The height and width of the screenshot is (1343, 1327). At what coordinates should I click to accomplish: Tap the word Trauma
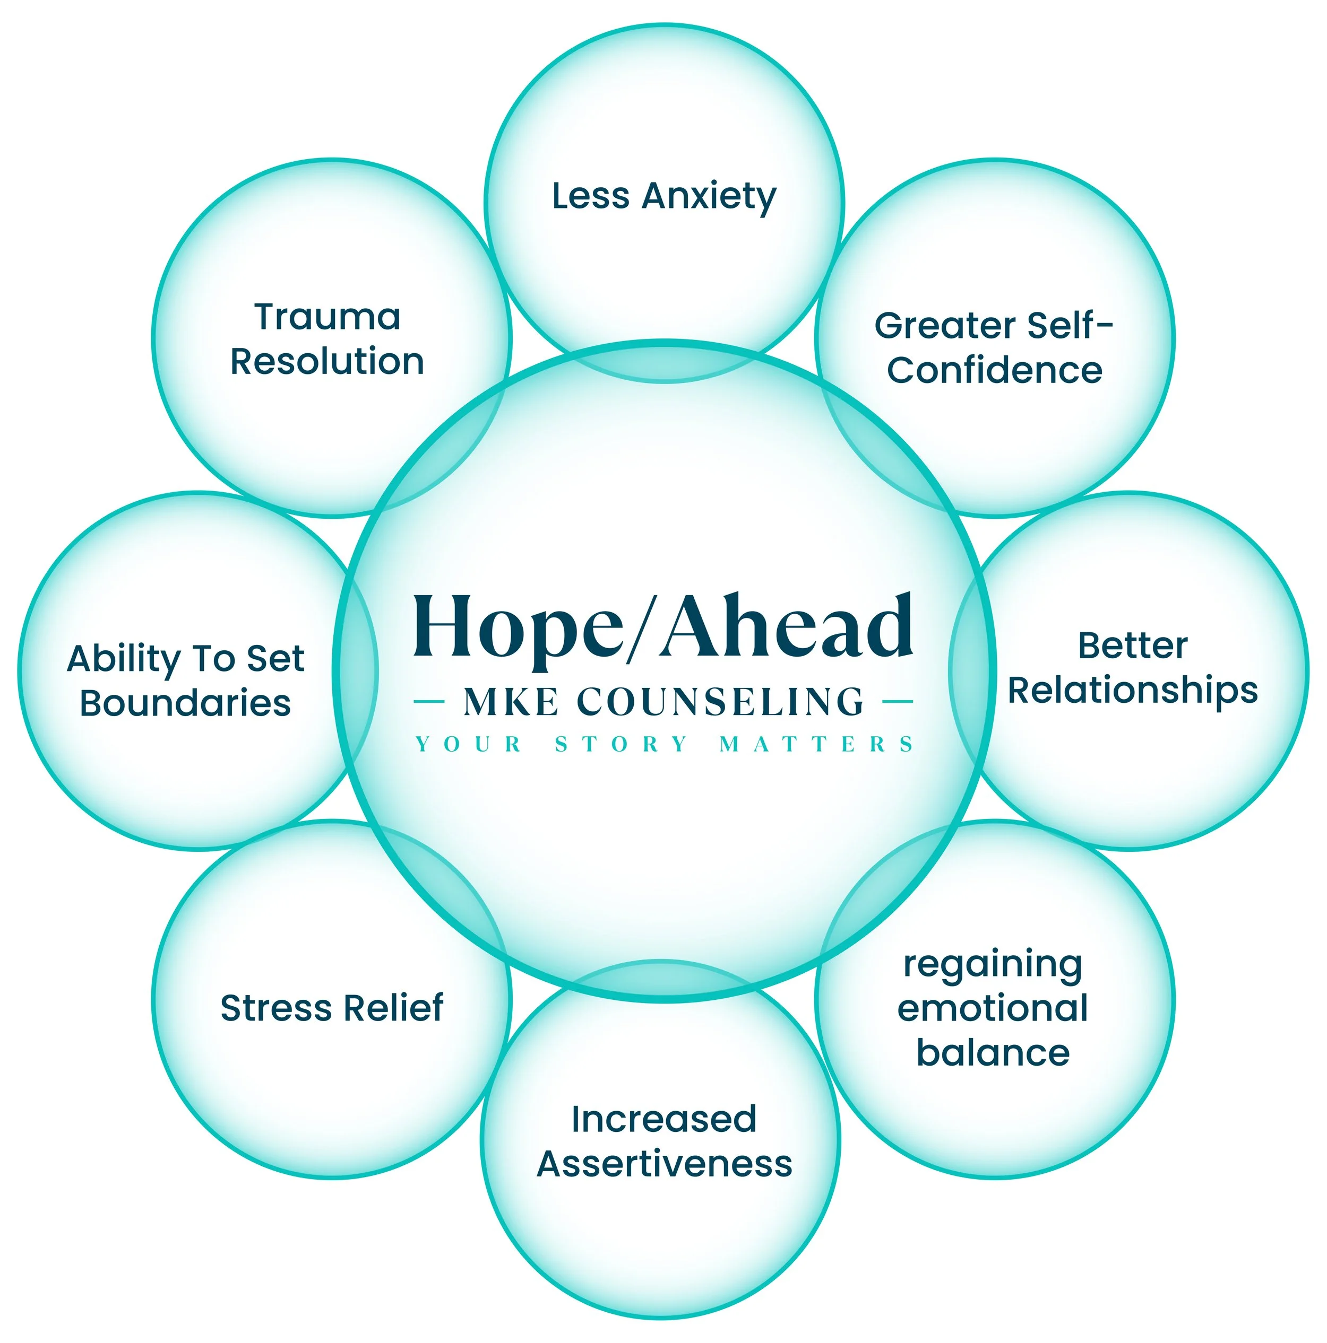[x=327, y=317]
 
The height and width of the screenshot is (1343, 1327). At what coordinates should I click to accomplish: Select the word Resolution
[x=327, y=361]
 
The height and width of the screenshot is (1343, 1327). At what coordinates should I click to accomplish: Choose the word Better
[x=1132, y=646]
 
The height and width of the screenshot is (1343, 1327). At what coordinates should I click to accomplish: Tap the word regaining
[x=993, y=966]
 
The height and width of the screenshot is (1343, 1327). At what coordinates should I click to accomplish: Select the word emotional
[x=993, y=1009]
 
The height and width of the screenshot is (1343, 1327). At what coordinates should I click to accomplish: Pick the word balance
[x=993, y=1052]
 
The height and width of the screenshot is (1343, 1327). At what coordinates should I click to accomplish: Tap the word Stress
[x=275, y=1008]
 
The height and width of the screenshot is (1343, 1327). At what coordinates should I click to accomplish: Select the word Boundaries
[x=185, y=703]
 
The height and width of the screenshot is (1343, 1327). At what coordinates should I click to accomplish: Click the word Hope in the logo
[x=518, y=629]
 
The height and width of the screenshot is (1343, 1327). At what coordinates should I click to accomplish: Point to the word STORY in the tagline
[x=621, y=745]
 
